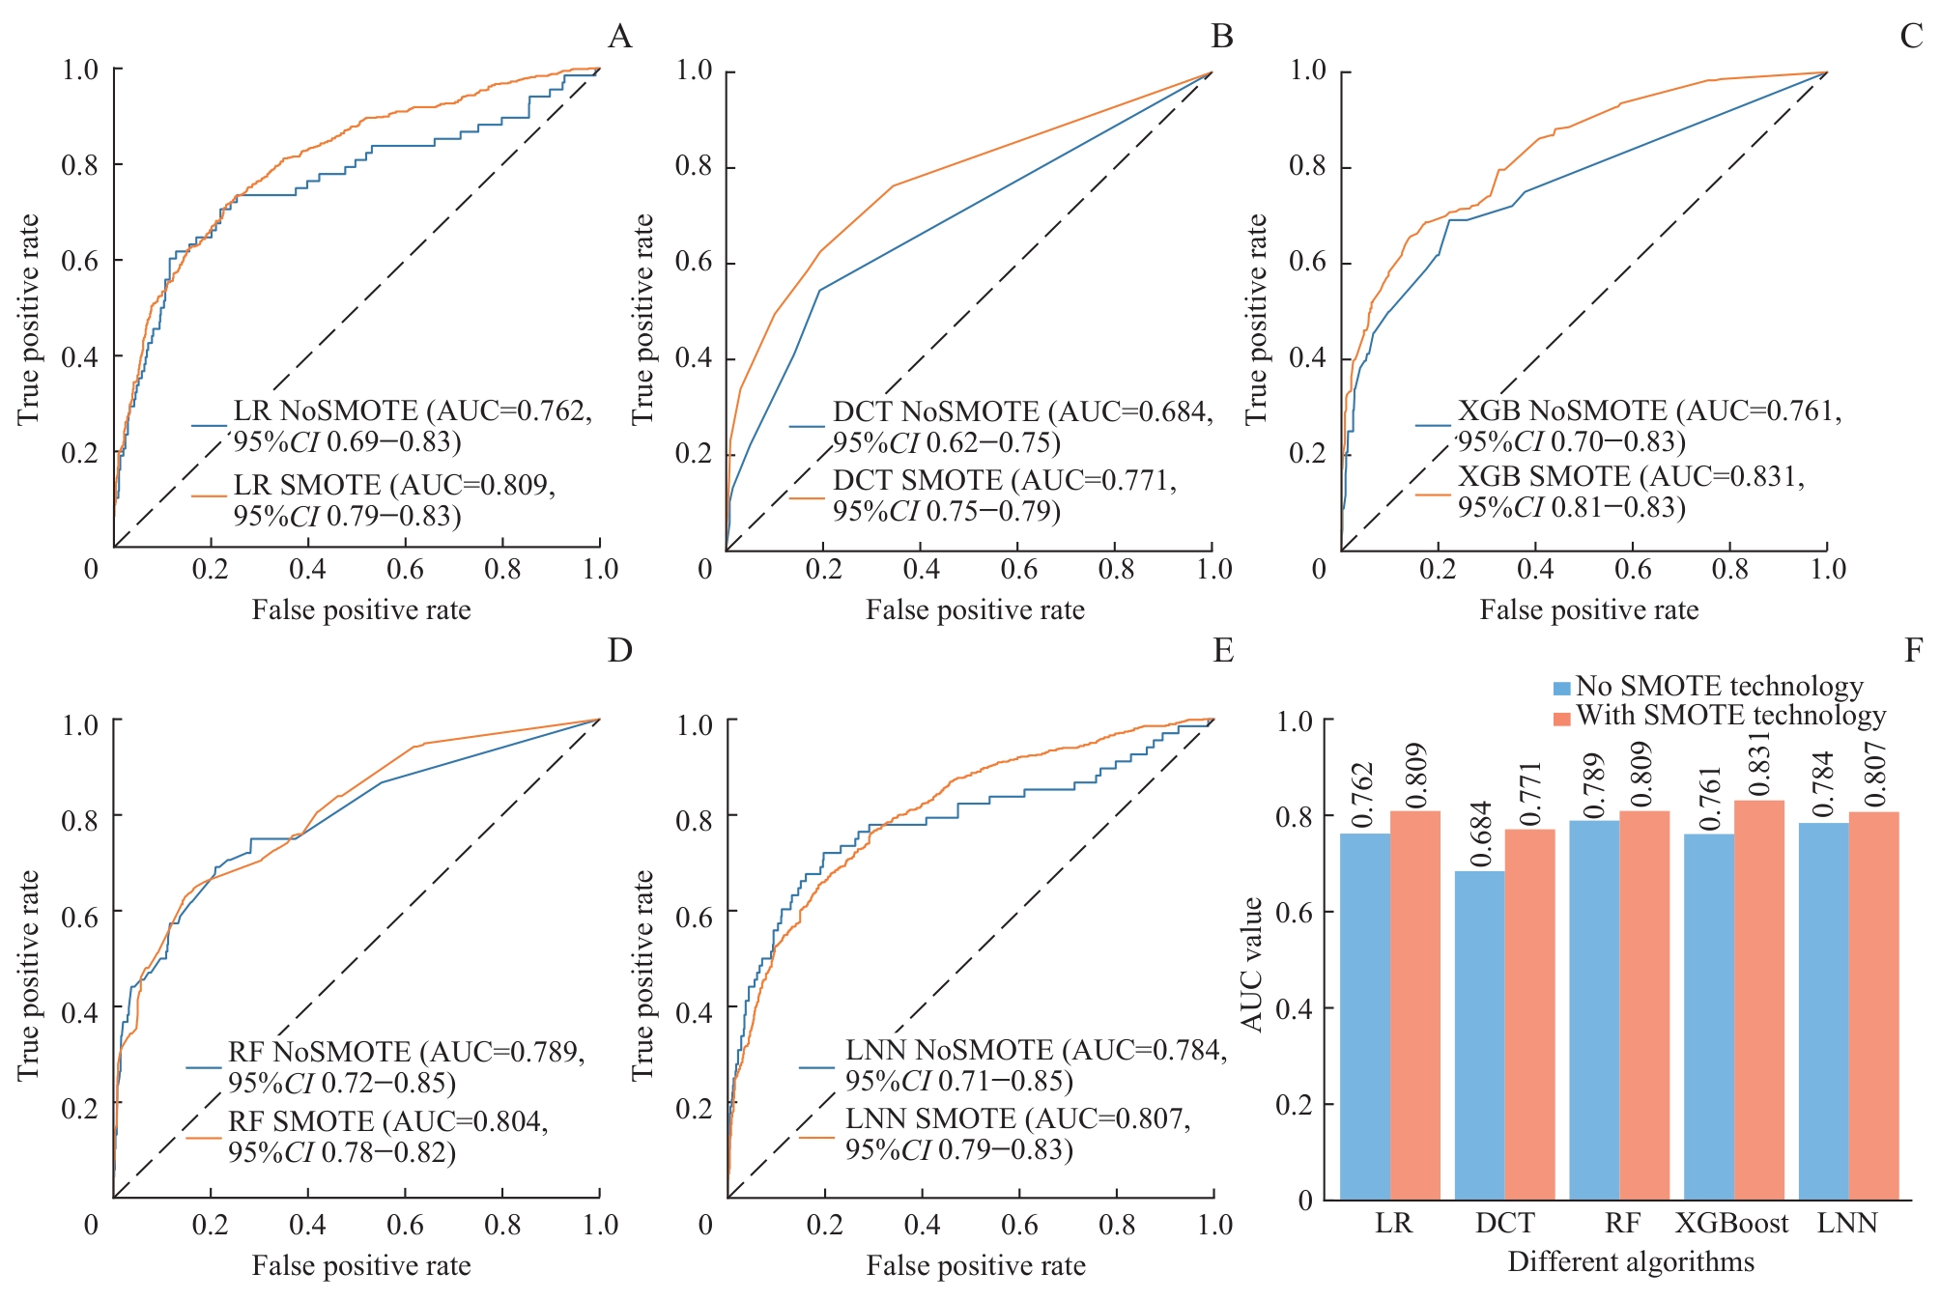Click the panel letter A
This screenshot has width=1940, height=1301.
(x=619, y=37)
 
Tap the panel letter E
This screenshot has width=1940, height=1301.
(x=1223, y=650)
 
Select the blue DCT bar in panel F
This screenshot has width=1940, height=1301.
(x=1479, y=1034)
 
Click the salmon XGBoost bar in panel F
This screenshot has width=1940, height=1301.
(x=1758, y=1000)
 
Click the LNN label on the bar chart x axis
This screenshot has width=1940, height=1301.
(x=1847, y=1224)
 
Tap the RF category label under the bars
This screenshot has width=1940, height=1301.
(x=1622, y=1224)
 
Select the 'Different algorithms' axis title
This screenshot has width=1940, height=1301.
(x=1631, y=1261)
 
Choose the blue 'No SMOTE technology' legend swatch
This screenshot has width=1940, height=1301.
(x=1561, y=689)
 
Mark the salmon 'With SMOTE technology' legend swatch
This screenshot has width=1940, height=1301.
(x=1561, y=718)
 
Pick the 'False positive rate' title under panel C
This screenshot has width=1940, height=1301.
(x=1588, y=610)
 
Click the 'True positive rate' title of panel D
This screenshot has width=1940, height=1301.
(x=29, y=975)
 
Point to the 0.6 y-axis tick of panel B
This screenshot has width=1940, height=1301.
(x=693, y=263)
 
